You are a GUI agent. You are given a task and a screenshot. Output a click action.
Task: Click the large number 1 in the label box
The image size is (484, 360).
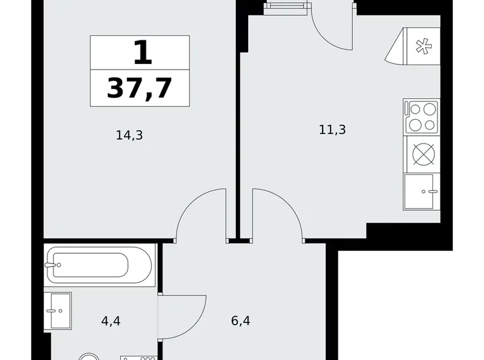click(142, 53)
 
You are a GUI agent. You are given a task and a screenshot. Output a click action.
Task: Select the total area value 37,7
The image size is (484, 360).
click(140, 89)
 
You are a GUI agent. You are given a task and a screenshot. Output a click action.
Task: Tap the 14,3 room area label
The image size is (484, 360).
click(129, 135)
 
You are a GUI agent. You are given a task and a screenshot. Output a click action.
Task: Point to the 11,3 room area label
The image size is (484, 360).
click(331, 130)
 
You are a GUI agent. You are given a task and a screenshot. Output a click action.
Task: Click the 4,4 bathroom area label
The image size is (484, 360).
click(112, 322)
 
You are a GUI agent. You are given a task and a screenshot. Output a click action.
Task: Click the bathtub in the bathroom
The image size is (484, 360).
click(99, 265)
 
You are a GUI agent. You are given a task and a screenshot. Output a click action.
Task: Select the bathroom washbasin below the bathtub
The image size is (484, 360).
click(60, 310)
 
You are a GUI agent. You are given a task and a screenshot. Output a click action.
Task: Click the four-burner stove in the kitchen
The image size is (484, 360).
click(422, 117)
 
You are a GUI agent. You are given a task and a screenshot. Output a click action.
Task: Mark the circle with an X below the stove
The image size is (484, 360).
click(422, 153)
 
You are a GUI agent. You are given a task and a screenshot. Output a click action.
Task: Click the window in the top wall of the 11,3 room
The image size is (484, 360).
click(285, 6)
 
